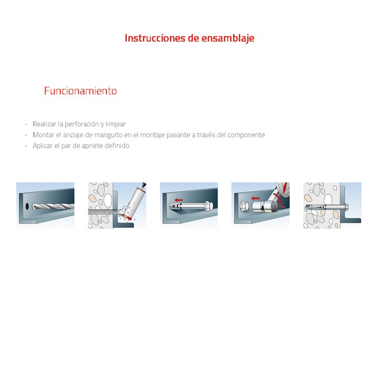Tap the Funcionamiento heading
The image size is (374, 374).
80,91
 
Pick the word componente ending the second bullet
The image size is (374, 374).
246,135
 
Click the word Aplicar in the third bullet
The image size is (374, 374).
42,146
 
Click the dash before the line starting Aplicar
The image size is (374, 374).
26,146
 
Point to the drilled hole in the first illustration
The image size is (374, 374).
27,206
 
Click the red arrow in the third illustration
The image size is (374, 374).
179,199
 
